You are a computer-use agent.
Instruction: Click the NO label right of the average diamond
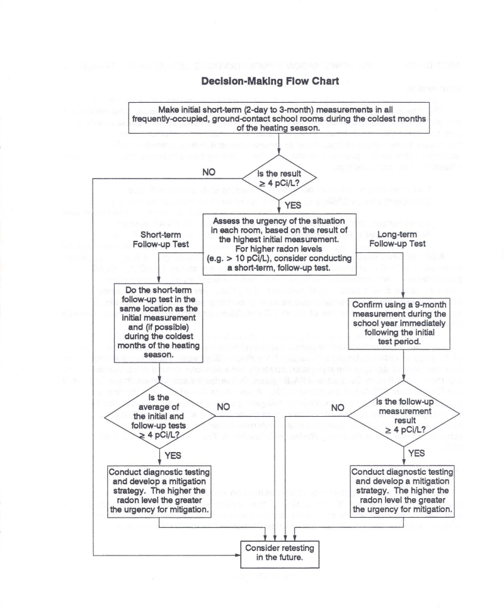click(222, 408)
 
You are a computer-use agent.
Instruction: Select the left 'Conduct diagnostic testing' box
click(159, 491)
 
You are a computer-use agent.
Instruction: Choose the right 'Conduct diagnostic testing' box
click(402, 491)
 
